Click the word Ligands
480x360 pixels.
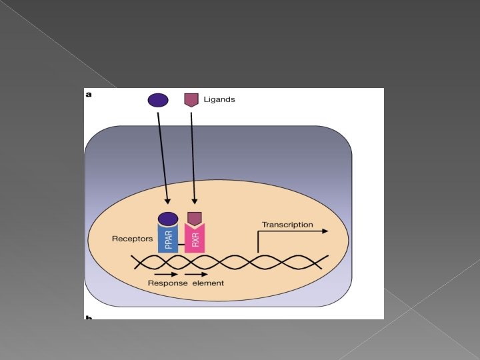coord(219,99)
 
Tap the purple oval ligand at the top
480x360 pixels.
coord(157,100)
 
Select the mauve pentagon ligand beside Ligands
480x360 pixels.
coord(191,100)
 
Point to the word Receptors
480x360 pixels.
coord(133,238)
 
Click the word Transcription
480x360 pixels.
coord(287,225)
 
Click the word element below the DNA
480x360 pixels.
coord(207,283)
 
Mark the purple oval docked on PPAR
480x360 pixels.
coord(168,218)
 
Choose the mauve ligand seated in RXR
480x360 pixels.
coord(195,218)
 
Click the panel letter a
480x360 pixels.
coord(89,95)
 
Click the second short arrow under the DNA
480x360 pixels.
coord(196,273)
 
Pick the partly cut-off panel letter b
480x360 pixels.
coord(89,317)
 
